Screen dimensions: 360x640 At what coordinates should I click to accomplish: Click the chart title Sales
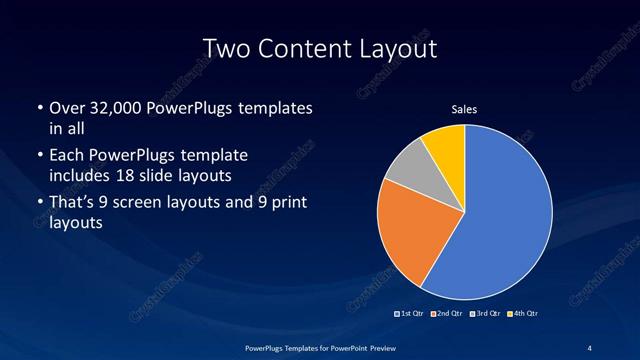pyautogui.click(x=464, y=108)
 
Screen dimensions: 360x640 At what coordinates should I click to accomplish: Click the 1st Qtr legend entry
pyautogui.click(x=412, y=314)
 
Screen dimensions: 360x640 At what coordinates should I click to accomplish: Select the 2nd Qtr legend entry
pyautogui.click(x=449, y=314)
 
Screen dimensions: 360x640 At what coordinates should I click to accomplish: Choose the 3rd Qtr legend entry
pyautogui.click(x=486, y=314)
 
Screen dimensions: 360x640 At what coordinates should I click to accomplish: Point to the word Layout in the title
pyautogui.click(x=401, y=49)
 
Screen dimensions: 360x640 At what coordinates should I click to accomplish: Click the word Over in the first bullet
pyautogui.click(x=66, y=108)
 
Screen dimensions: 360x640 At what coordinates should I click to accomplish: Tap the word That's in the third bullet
pyautogui.click(x=73, y=203)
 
